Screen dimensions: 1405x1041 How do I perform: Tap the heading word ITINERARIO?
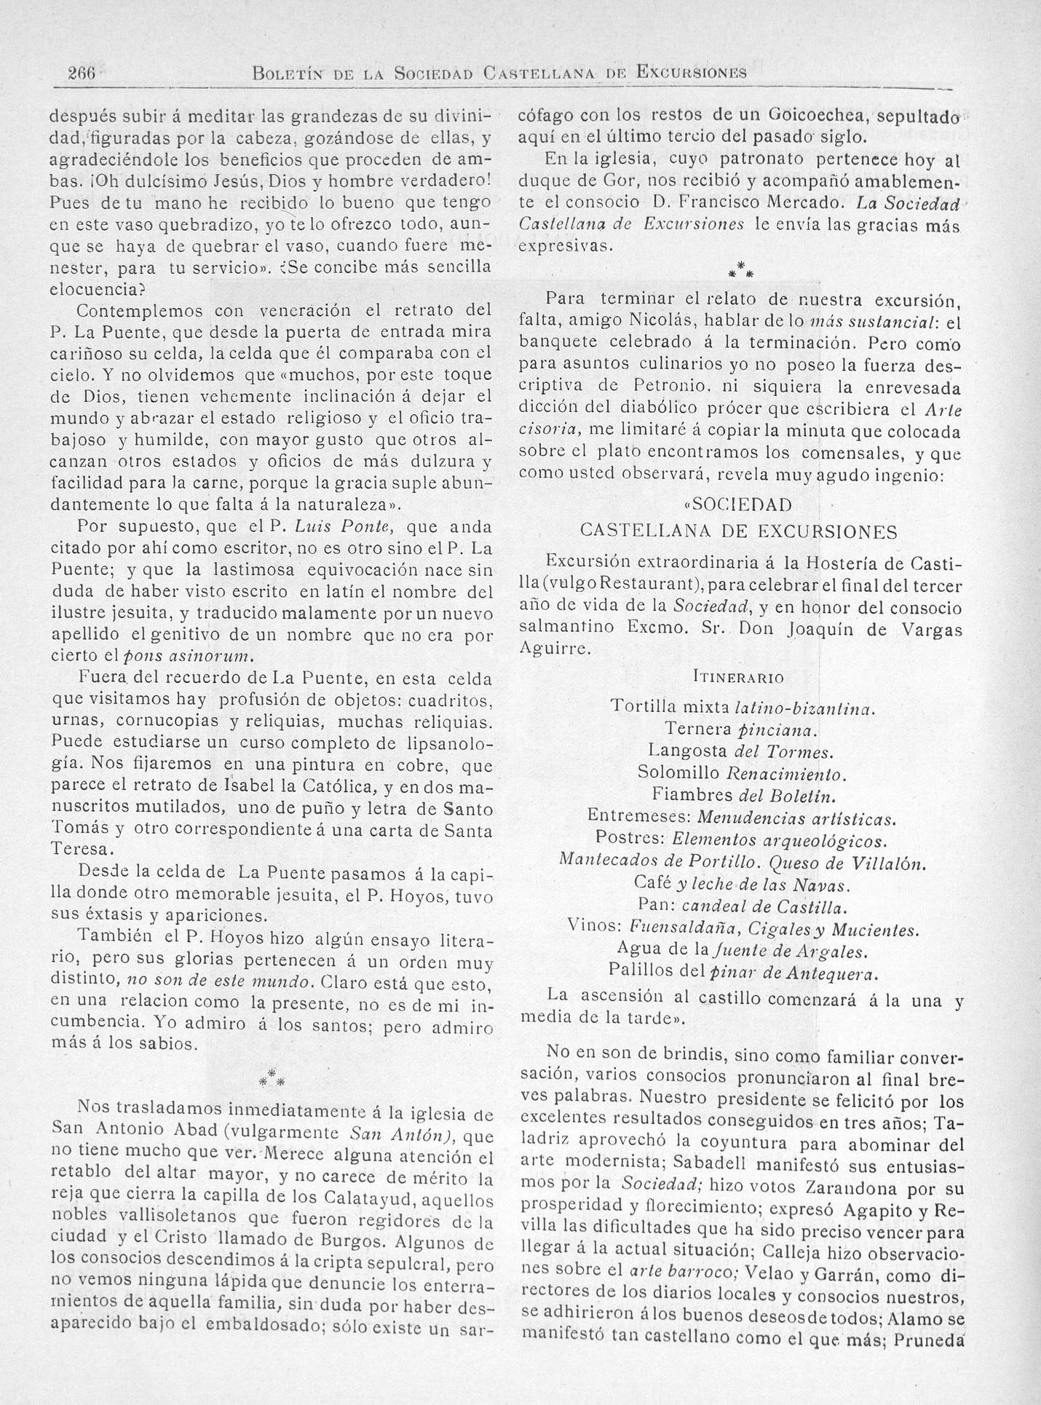[x=737, y=678]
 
